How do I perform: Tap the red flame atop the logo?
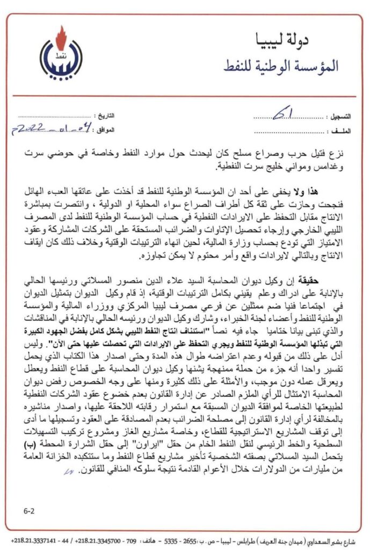[x=61, y=36]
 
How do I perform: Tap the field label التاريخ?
[x=108, y=116]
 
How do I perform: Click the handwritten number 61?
[x=280, y=113]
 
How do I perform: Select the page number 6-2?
[x=30, y=513]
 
